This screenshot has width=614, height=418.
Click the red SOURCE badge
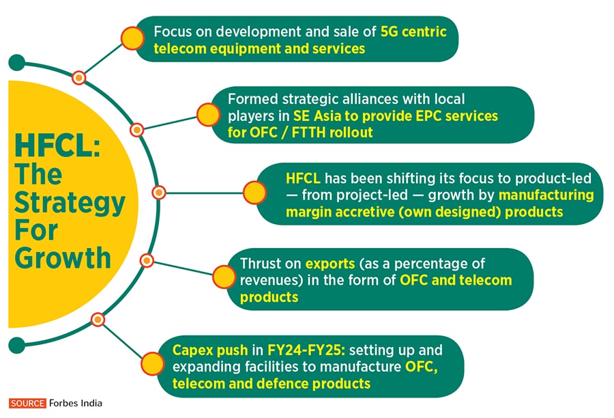(27, 403)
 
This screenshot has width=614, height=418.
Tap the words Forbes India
(76, 403)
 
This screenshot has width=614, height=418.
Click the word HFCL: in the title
(57, 145)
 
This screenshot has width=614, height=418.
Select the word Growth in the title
(63, 258)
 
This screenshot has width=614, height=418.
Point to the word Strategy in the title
(70, 204)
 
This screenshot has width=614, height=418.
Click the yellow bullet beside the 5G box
(132, 38)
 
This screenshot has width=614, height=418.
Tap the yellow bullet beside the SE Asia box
(208, 115)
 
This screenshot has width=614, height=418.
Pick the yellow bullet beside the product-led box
(254, 193)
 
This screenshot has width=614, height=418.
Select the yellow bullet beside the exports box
(224, 277)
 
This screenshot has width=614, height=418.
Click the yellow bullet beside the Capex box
(152, 363)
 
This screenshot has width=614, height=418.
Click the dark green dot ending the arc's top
(17, 63)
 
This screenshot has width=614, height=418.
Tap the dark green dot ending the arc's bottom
(17, 345)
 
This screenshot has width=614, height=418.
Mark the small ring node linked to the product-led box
(159, 193)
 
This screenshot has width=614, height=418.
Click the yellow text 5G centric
(413, 32)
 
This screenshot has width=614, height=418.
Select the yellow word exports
(330, 264)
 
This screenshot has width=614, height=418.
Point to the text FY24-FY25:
(306, 350)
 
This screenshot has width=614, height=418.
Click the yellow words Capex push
(210, 350)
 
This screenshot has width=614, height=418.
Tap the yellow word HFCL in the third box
(303, 178)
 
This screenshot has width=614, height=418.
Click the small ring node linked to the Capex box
(98, 320)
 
